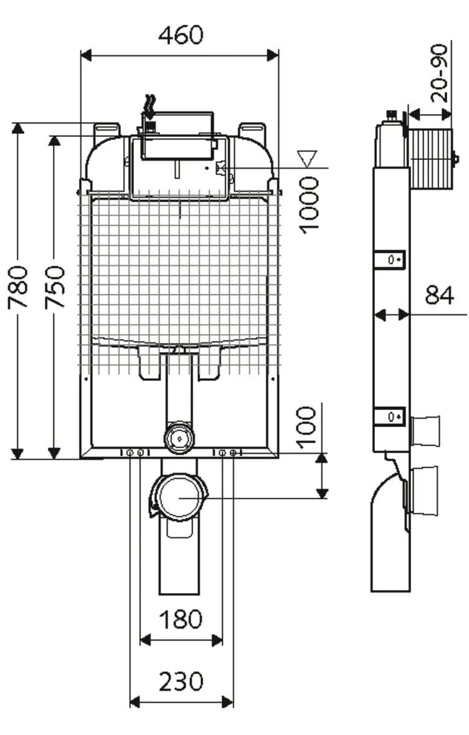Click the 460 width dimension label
tap(180, 35)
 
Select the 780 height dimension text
tap(18, 287)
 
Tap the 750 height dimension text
tap(56, 287)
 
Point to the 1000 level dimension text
tap(308, 205)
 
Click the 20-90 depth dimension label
tap(440, 73)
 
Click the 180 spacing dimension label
tap(181, 619)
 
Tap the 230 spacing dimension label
tap(181, 681)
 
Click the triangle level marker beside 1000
tap(308, 158)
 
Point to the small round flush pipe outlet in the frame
tap(179, 438)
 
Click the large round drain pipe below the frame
tap(179, 497)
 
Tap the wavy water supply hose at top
tap(149, 106)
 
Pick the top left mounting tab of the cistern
tap(107, 131)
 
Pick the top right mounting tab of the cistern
tap(252, 131)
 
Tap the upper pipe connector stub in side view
tap(425, 431)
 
